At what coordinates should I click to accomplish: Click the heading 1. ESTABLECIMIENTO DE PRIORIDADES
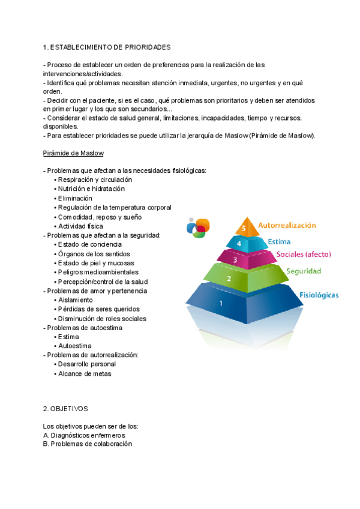pyautogui.click(x=107, y=47)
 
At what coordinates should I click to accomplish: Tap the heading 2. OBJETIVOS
pyautogui.click(x=66, y=408)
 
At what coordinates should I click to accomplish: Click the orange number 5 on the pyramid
pyautogui.click(x=242, y=228)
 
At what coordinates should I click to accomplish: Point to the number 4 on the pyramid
pyautogui.click(x=239, y=244)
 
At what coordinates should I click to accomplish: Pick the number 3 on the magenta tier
pyautogui.click(x=235, y=261)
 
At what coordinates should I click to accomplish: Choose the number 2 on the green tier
pyautogui.click(x=229, y=279)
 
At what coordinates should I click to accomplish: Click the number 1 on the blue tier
pyautogui.click(x=221, y=303)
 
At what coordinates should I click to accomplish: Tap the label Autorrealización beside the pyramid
pyautogui.click(x=287, y=226)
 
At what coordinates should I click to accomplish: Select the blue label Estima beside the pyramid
pyautogui.click(x=279, y=242)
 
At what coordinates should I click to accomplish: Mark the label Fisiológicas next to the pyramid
pyautogui.click(x=319, y=295)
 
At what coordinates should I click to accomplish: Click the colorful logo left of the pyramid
pyautogui.click(x=199, y=227)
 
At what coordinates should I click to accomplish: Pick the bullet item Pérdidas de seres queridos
pyautogui.click(x=96, y=309)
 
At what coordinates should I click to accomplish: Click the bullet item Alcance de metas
pyautogui.click(x=84, y=373)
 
